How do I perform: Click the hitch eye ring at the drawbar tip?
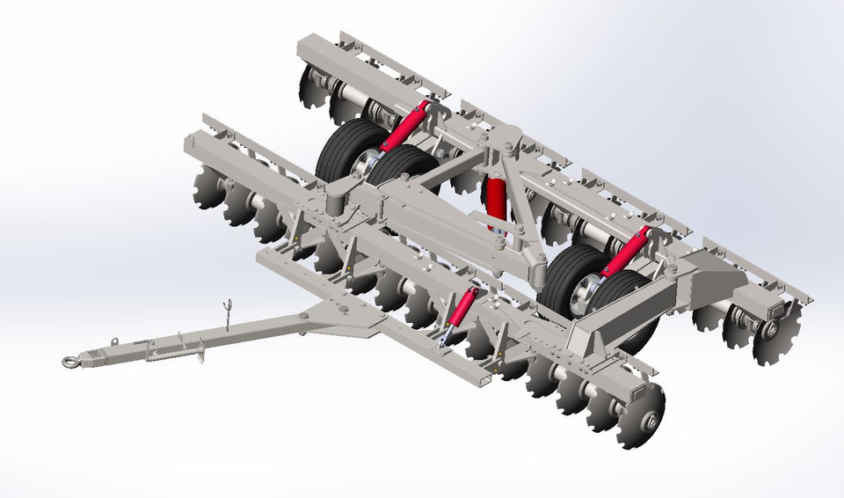pos(70,360)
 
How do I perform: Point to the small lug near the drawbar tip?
pos(114,341)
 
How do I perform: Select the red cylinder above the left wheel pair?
pos(406,128)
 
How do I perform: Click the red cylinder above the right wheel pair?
pos(628,252)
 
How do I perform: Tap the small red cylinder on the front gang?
pos(461,309)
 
